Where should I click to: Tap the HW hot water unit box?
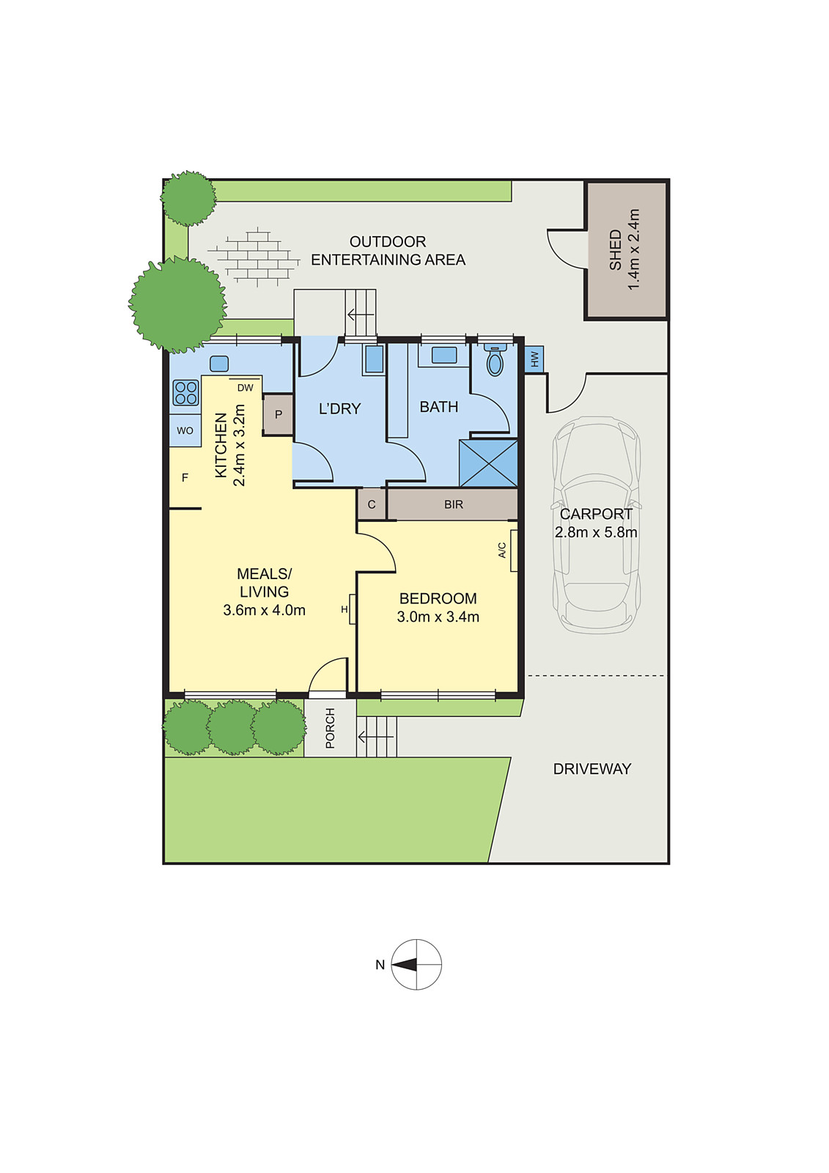point(534,359)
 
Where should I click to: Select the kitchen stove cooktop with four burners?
point(185,392)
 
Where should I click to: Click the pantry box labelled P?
point(279,415)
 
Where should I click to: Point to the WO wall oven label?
point(185,430)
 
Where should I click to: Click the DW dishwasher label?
point(245,388)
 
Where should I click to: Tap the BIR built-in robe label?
point(454,504)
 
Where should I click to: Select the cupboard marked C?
point(372,504)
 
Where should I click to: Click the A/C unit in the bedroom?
point(514,550)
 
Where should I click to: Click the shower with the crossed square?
point(488,463)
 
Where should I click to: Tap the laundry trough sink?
point(374,359)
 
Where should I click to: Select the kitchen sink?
point(219,364)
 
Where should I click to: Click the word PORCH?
point(330,728)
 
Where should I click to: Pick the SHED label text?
point(616,249)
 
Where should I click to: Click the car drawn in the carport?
point(597,524)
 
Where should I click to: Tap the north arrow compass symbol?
point(416,964)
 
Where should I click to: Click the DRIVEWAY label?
point(592,769)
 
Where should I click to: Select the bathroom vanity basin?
point(444,356)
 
